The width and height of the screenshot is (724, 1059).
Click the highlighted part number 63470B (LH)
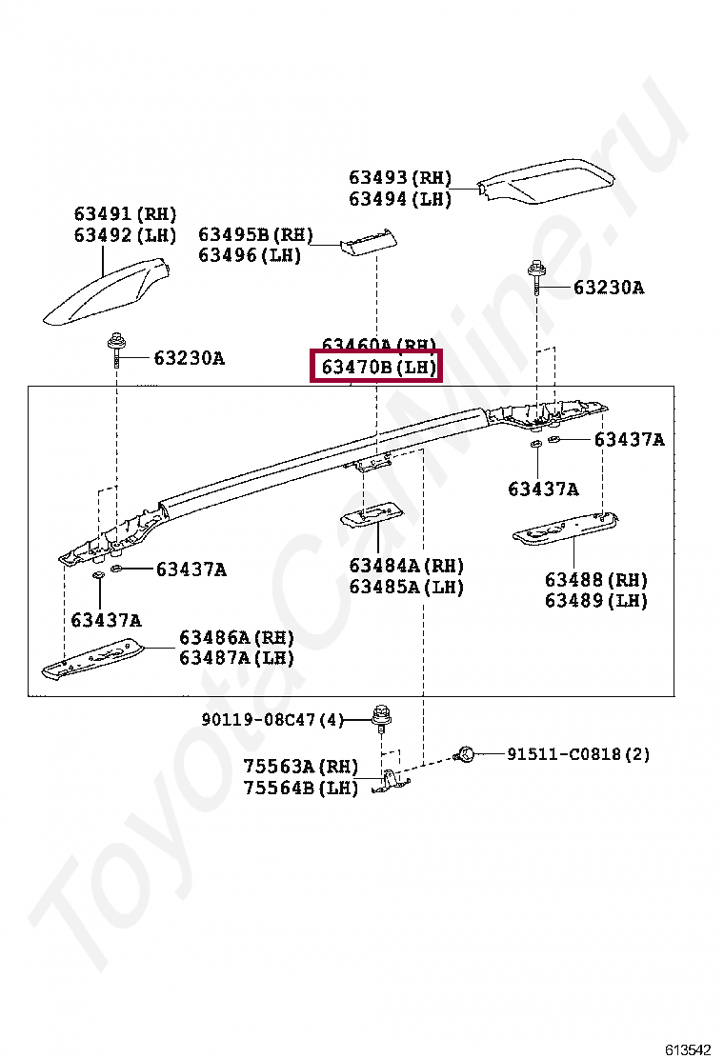pyautogui.click(x=378, y=367)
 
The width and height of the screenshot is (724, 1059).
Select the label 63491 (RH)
pyautogui.click(x=126, y=214)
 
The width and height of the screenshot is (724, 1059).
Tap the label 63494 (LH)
pyautogui.click(x=400, y=199)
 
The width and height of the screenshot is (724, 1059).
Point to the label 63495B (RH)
pyautogui.click(x=255, y=234)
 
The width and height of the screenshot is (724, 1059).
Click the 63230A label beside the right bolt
pyautogui.click(x=608, y=288)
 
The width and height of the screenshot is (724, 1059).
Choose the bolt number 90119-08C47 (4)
pyautogui.click(x=271, y=720)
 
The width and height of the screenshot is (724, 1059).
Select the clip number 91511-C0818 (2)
pyautogui.click(x=577, y=754)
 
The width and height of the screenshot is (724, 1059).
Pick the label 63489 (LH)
pyautogui.click(x=596, y=601)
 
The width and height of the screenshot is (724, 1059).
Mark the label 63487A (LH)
pyautogui.click(x=236, y=658)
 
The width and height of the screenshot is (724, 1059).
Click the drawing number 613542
pyautogui.click(x=687, y=1049)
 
